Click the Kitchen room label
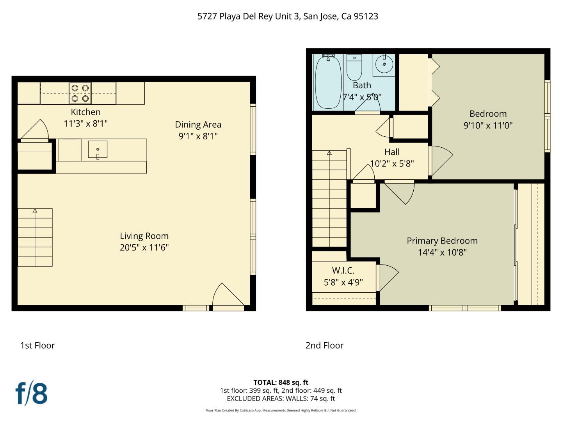click(85, 112)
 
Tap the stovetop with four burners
click(80, 93)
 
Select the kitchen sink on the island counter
click(98, 150)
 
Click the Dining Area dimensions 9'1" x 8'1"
click(198, 136)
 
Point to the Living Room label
click(144, 236)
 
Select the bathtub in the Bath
click(328, 83)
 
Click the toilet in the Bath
click(354, 67)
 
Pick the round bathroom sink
click(384, 64)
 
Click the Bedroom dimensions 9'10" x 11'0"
click(488, 125)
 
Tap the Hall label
click(392, 152)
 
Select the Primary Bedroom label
click(442, 241)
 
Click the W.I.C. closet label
click(343, 270)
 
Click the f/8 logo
click(31, 393)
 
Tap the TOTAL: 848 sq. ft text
click(281, 383)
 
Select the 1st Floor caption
click(37, 345)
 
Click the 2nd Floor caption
click(324, 345)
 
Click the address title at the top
click(288, 16)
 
